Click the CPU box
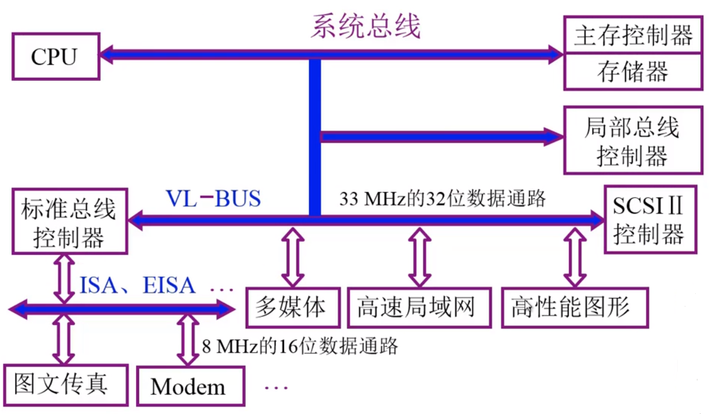pos(55,56)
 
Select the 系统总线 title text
pos(366,26)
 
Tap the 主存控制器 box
pos(633,36)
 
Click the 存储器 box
pos(633,72)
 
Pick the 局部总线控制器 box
pos(633,140)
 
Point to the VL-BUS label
pos(213,199)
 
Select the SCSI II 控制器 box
pos(648,219)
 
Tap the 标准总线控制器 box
pos(69,222)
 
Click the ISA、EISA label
pos(138,285)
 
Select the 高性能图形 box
pos(571,307)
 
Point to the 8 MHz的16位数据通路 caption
pos(299,346)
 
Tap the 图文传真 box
pos(65,385)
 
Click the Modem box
pos(189,386)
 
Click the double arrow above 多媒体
pos(292,256)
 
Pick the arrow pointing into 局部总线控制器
pos(441,137)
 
